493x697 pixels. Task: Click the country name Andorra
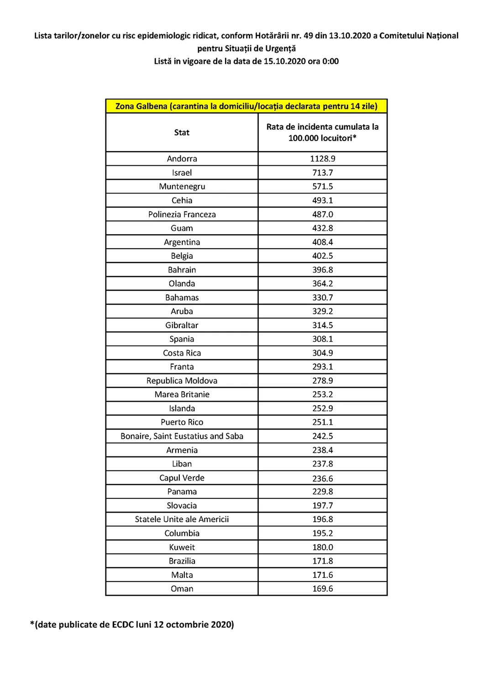click(x=182, y=159)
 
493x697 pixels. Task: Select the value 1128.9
click(x=322, y=159)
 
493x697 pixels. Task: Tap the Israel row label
click(x=182, y=173)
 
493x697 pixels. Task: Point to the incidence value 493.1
click(x=322, y=200)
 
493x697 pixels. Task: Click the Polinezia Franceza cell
click(x=182, y=215)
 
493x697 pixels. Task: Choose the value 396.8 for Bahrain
click(x=322, y=270)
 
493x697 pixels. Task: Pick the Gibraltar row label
click(x=182, y=325)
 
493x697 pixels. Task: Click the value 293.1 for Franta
click(x=322, y=367)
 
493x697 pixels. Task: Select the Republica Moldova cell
click(x=182, y=381)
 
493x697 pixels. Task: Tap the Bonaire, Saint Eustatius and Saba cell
click(x=182, y=436)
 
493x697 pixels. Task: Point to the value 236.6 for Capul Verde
click(x=322, y=478)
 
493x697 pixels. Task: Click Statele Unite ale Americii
click(x=182, y=519)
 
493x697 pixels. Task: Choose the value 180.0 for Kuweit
click(x=322, y=547)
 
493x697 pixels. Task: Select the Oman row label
click(x=182, y=589)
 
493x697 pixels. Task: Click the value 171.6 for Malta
click(x=322, y=575)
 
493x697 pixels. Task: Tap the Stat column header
click(x=182, y=133)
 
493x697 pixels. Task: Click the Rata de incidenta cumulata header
click(x=322, y=132)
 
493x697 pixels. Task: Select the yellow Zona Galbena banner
click(x=246, y=106)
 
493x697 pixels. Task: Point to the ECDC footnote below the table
click(x=132, y=624)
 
